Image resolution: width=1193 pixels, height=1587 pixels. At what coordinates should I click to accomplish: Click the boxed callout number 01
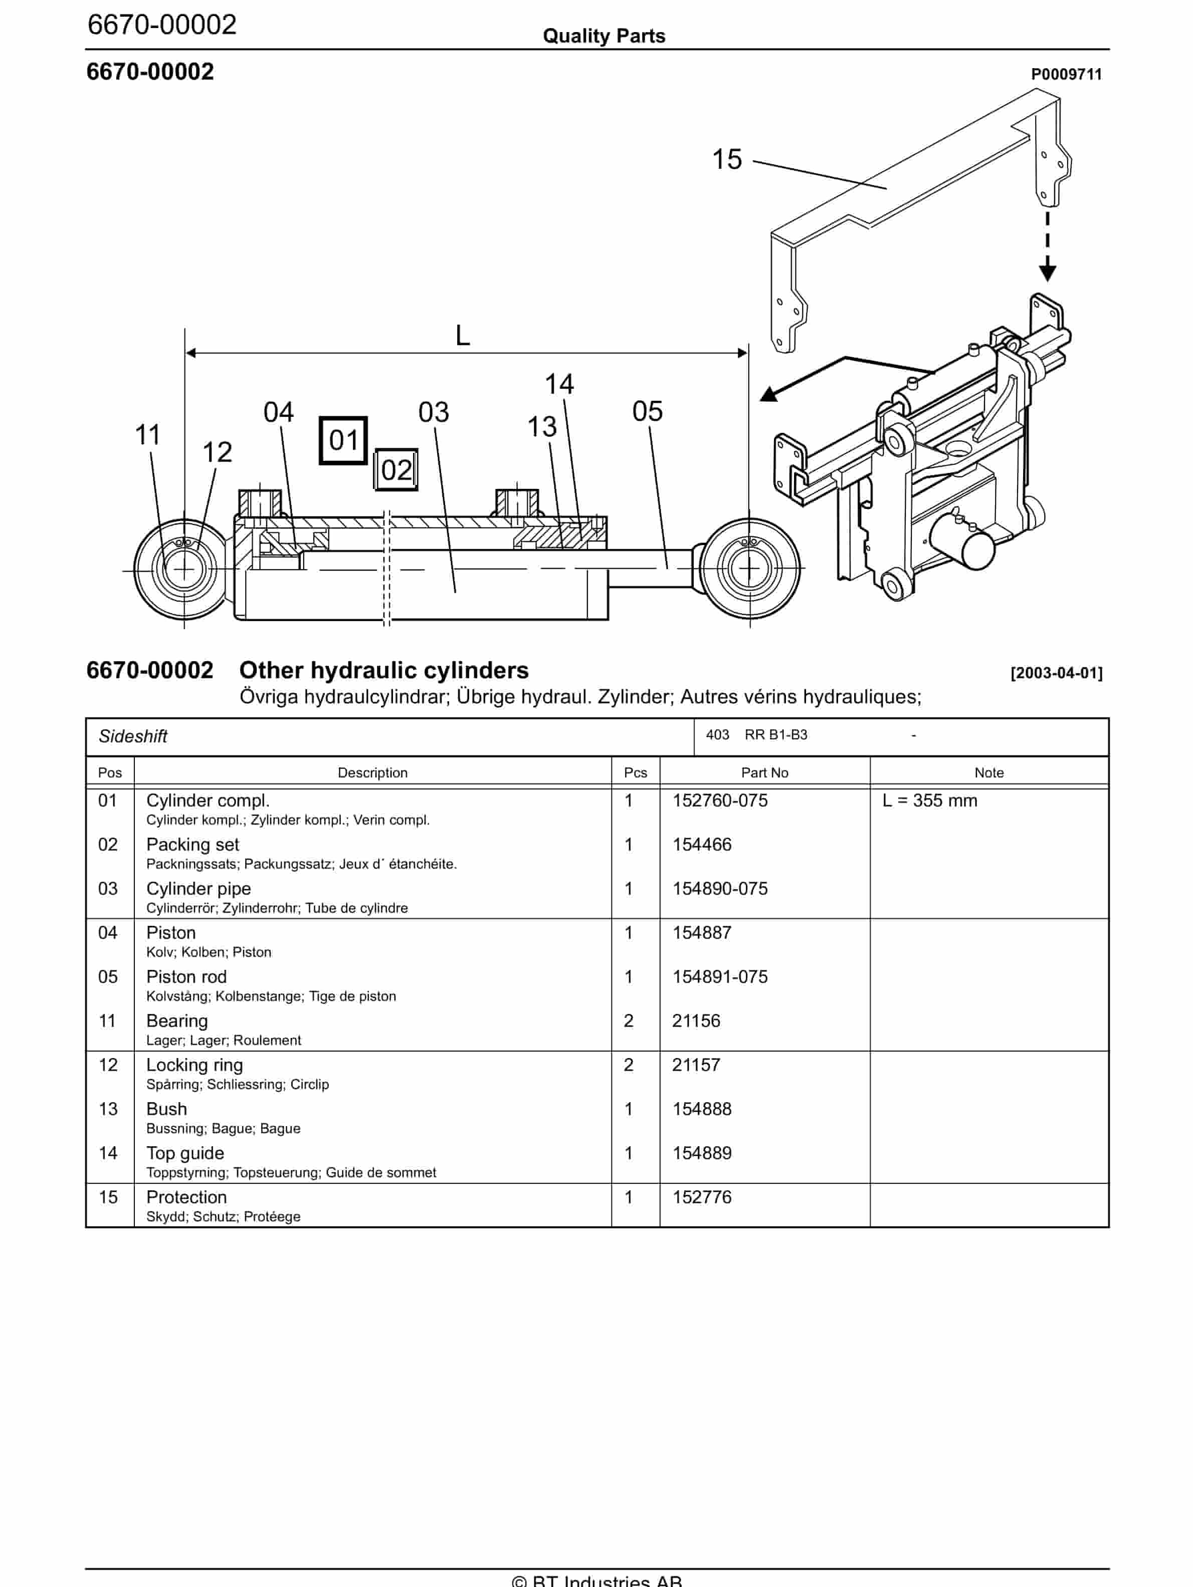[343, 440]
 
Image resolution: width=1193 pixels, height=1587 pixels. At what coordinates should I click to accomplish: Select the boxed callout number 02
[395, 470]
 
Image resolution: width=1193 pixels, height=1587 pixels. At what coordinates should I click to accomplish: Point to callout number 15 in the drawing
[726, 159]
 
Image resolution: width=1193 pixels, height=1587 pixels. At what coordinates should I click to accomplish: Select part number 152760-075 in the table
[719, 801]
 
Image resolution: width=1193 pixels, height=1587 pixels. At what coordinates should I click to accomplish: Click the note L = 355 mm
[929, 801]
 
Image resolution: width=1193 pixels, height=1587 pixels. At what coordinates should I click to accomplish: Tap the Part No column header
[764, 772]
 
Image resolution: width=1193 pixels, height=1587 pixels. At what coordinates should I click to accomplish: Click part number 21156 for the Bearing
[696, 1021]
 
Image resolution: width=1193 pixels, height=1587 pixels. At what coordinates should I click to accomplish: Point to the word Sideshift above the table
[133, 736]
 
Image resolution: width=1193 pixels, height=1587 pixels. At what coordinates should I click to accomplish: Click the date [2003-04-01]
[1056, 673]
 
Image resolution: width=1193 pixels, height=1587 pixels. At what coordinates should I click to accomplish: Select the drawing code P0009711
[1066, 75]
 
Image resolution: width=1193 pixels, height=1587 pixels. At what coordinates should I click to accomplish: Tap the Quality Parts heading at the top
[604, 36]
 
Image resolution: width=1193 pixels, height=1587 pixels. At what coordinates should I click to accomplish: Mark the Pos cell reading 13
[108, 1109]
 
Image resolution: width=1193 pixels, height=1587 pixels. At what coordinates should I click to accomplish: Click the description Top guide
[185, 1153]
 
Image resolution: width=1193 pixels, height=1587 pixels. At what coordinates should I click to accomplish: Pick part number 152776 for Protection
[701, 1197]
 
